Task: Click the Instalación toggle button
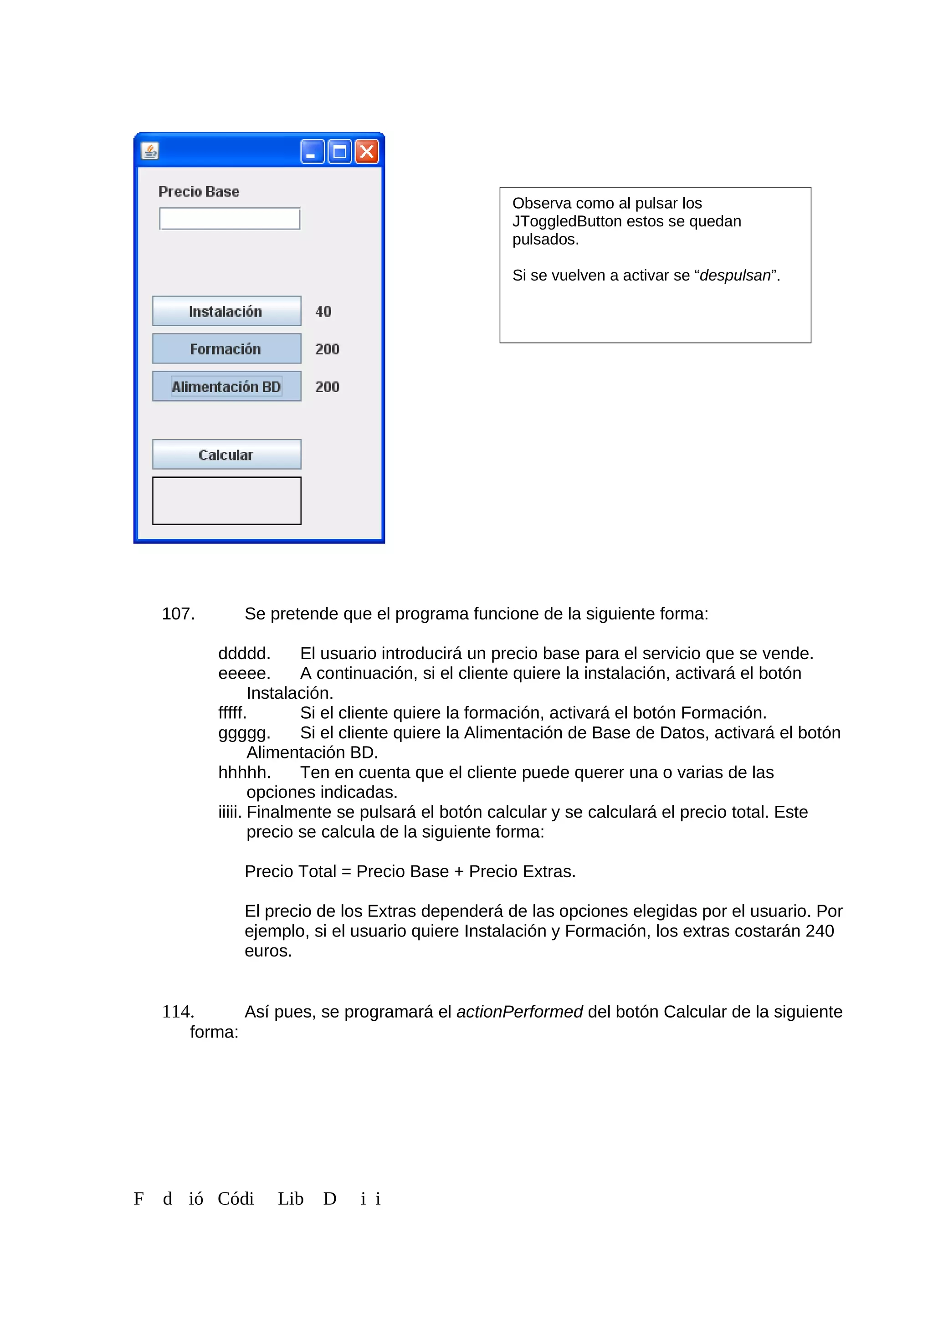226,311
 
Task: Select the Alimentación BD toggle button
226,386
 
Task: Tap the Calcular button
226,455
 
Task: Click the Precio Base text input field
230,219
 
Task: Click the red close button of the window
367,152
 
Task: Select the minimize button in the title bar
312,152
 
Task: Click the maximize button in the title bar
340,152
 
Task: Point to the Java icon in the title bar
150,151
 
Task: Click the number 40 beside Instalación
323,312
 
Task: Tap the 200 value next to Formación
327,349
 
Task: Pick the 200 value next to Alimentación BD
327,387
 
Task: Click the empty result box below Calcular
226,501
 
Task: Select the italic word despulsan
735,276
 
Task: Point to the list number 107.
178,614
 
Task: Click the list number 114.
178,1012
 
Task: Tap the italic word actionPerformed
519,1012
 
